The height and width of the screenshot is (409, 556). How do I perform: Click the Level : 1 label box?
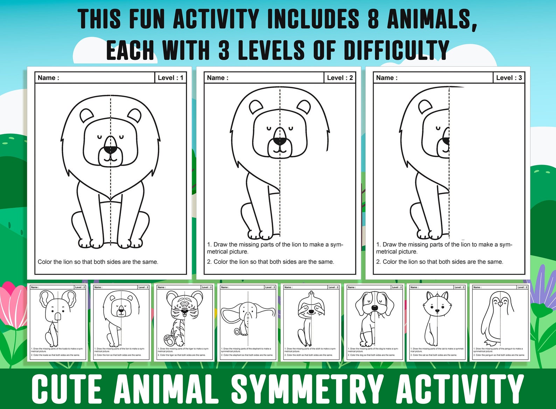point(170,78)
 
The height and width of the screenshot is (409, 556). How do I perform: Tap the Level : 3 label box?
point(509,78)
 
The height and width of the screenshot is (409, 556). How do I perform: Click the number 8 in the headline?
point(373,19)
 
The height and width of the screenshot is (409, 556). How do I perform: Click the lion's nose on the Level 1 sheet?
point(111,150)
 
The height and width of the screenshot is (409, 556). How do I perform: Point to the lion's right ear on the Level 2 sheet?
point(304,107)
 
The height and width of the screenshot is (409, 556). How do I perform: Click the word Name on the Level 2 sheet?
point(216,78)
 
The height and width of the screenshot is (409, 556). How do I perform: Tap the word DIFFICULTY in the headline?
point(396,50)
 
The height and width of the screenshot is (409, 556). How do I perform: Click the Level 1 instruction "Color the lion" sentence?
point(98,262)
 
